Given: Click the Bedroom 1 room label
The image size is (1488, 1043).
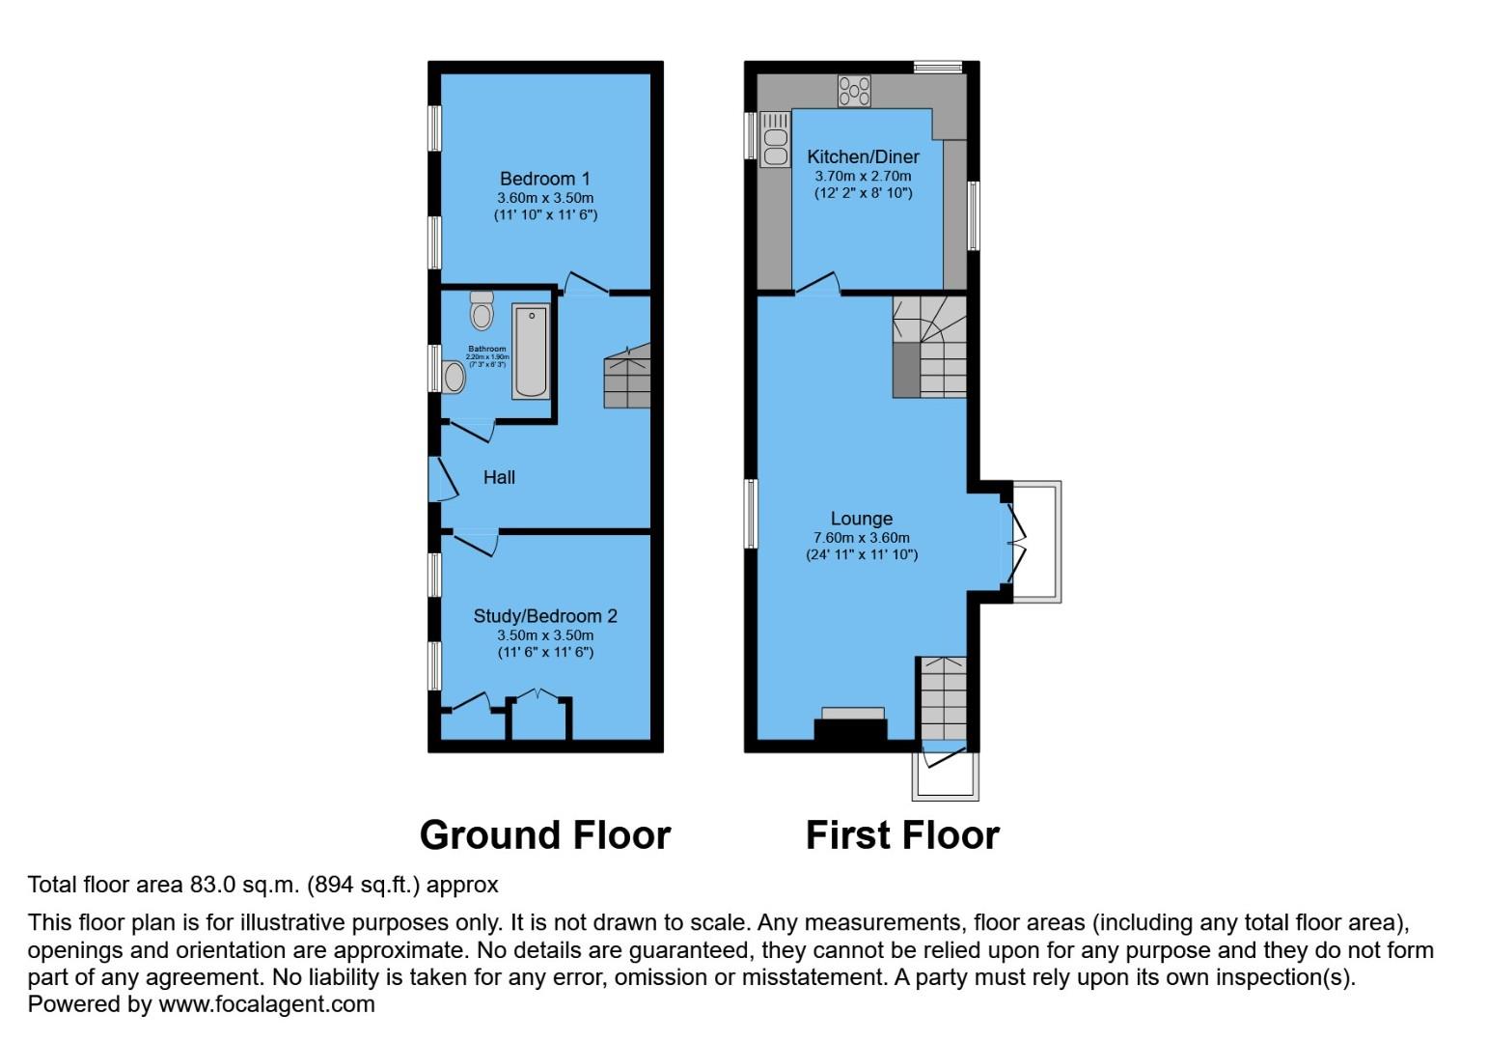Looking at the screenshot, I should (544, 179).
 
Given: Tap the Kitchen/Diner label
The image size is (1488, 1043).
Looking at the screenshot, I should (863, 156).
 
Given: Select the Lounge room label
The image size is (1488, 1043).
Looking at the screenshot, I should (861, 519).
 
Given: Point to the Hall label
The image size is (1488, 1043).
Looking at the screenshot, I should (499, 477).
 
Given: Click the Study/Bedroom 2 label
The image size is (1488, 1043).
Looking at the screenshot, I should (544, 616).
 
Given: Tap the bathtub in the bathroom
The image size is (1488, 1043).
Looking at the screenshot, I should (531, 352).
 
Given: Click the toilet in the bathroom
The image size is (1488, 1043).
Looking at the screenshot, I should (482, 310).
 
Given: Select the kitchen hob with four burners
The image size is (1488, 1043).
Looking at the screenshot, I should (854, 91).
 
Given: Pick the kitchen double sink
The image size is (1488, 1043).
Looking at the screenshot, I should (775, 139).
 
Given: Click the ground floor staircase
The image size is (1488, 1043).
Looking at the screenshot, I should (627, 377).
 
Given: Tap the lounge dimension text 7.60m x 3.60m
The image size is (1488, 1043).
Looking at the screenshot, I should (861, 538).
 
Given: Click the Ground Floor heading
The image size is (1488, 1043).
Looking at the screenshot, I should (544, 835).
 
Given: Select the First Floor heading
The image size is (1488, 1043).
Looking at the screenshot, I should (902, 835).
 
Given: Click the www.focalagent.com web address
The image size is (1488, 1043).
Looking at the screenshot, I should (266, 1004).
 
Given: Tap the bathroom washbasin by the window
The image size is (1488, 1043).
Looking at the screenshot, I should (454, 378).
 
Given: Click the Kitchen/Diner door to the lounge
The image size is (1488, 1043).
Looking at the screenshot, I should (816, 283).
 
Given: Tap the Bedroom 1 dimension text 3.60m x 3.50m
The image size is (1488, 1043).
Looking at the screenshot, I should (544, 198).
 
